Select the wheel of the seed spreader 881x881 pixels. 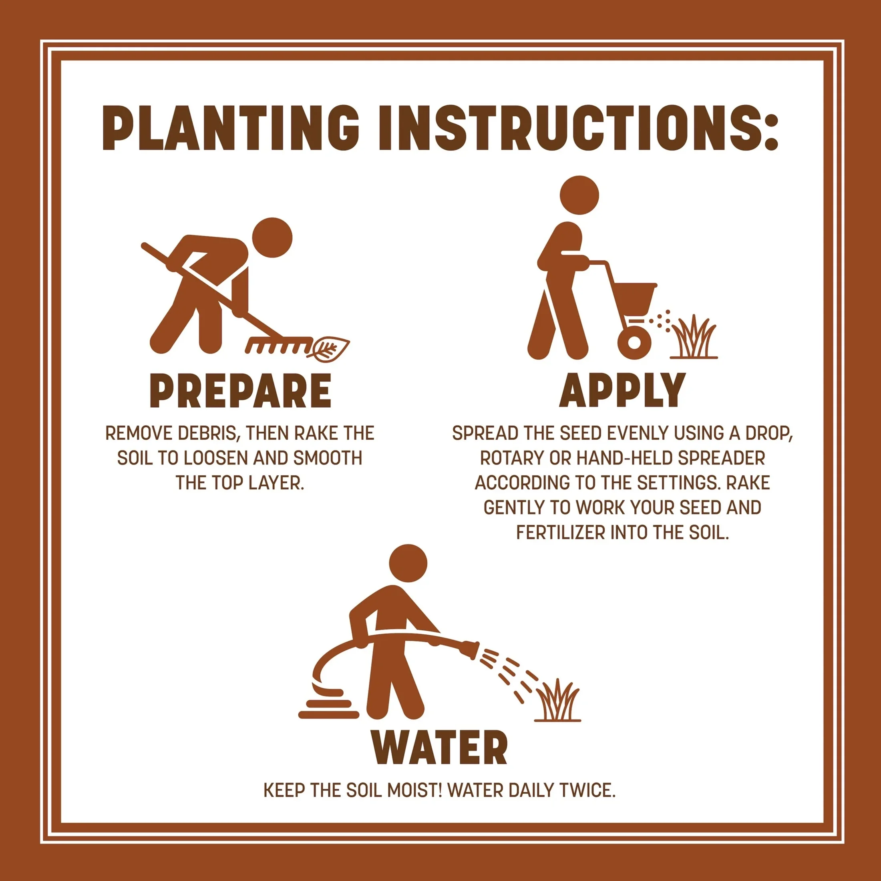click(x=634, y=342)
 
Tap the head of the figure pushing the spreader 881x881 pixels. click(x=579, y=195)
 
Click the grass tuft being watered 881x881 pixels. click(x=557, y=700)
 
